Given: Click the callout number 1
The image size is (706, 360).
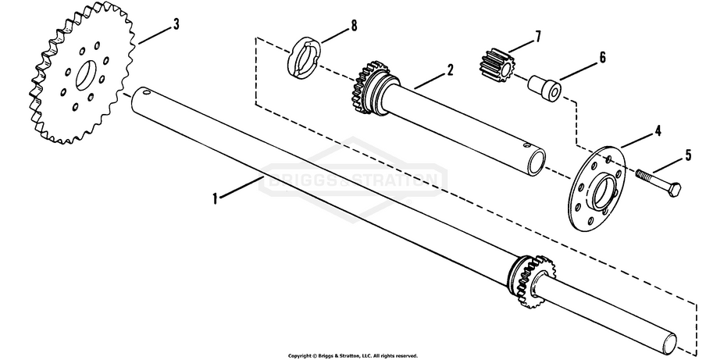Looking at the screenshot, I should (215, 198).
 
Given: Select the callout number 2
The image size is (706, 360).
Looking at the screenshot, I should (450, 70).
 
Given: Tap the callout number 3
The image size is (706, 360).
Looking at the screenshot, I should (176, 25).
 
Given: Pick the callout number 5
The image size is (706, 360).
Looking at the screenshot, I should (687, 155).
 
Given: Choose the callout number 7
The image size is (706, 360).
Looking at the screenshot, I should (537, 37).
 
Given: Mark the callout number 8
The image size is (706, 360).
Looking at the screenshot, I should (354, 26).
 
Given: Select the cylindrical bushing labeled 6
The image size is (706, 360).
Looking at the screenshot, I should (544, 86).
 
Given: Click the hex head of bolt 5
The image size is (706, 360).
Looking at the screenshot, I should (676, 189).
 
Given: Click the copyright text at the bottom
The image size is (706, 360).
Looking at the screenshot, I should (353, 355).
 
